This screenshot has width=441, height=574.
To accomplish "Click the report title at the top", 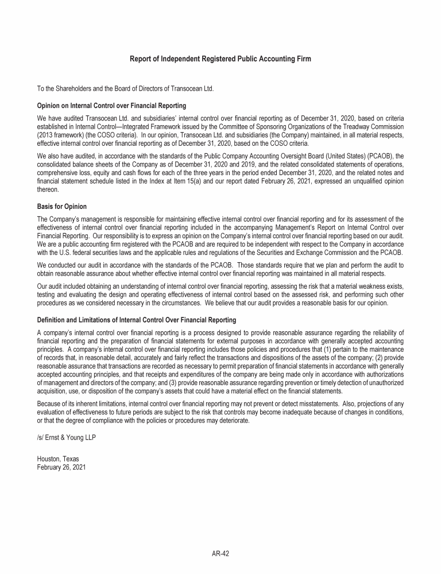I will pos(220,59).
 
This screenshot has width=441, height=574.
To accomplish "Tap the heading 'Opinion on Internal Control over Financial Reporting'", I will pos(111,106).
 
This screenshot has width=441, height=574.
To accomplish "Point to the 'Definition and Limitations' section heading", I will pos(136,320).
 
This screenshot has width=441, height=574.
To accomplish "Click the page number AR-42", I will pos(220,553).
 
